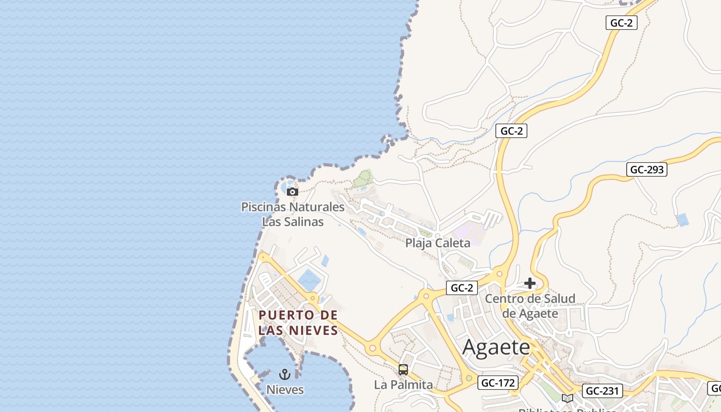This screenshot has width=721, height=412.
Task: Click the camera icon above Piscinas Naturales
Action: click(293, 192)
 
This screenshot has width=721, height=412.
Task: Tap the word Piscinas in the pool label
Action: click(264, 207)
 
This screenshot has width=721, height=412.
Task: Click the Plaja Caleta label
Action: click(438, 243)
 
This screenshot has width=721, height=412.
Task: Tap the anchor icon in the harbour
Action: click(285, 374)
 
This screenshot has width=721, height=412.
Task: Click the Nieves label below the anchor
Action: click(285, 390)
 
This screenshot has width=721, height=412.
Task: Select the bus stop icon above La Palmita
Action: click(403, 370)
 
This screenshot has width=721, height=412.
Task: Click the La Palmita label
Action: click(403, 385)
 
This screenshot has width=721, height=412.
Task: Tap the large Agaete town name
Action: click(496, 347)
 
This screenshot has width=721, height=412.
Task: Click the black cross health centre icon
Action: click(530, 283)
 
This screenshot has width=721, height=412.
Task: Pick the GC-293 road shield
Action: click(646, 169)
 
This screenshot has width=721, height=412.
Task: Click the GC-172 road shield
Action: click(497, 383)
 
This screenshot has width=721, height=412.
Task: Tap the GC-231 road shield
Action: click(602, 391)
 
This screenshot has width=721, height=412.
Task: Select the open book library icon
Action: click(567, 398)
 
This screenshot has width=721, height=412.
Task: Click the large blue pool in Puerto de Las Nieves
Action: click(309, 280)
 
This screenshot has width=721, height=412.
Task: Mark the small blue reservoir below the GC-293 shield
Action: click(682, 220)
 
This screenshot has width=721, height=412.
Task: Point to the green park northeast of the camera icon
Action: click(363, 178)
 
